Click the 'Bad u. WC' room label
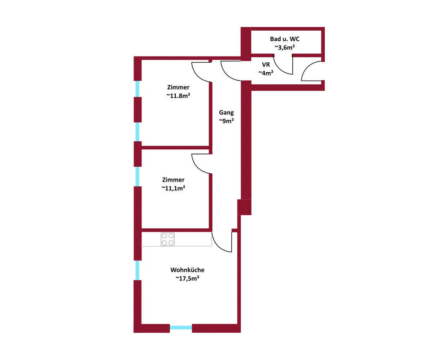click(x=284, y=39)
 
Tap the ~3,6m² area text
click(x=284, y=48)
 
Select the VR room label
click(x=266, y=65)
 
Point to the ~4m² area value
click(x=266, y=73)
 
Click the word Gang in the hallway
click(x=226, y=113)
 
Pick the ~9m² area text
click(x=226, y=121)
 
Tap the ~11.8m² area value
click(x=178, y=96)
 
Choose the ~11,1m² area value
click(x=174, y=188)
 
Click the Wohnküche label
click(x=188, y=270)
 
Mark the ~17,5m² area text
click(x=188, y=278)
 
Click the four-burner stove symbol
click(x=168, y=239)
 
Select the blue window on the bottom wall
click(x=181, y=328)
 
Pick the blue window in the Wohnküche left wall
click(x=138, y=270)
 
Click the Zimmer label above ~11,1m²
click(x=174, y=180)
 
